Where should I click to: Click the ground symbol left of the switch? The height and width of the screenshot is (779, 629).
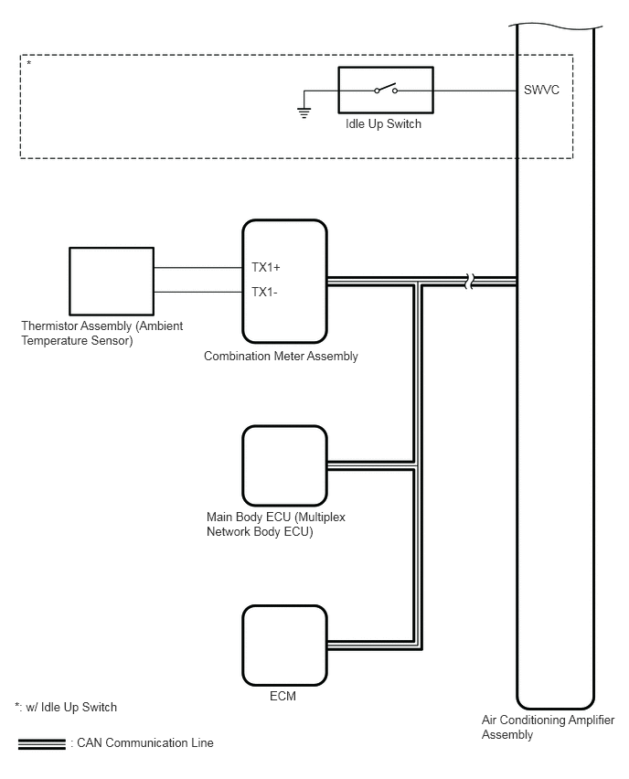pyautogui.click(x=304, y=112)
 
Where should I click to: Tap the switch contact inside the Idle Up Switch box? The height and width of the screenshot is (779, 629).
pyautogui.click(x=386, y=89)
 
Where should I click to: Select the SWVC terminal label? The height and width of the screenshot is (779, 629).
pyautogui.click(x=541, y=90)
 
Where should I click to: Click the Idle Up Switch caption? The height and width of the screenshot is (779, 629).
pyautogui.click(x=383, y=123)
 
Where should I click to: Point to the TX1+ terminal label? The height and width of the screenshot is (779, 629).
pyautogui.click(x=266, y=267)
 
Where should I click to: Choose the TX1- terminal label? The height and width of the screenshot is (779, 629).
pyautogui.click(x=264, y=292)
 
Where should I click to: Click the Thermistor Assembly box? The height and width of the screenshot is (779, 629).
pyautogui.click(x=112, y=282)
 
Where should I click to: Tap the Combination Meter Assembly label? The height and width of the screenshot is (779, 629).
pyautogui.click(x=281, y=357)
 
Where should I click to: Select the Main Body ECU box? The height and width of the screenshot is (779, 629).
pyautogui.click(x=284, y=465)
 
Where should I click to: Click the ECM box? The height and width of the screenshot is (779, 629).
pyautogui.click(x=284, y=646)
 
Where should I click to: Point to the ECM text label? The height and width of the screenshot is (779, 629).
pyautogui.click(x=283, y=696)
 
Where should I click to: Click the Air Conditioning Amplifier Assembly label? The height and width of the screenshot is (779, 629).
pyautogui.click(x=548, y=727)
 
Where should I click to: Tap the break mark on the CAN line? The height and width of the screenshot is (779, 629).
pyautogui.click(x=470, y=282)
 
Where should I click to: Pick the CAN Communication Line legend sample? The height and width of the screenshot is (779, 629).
pyautogui.click(x=42, y=743)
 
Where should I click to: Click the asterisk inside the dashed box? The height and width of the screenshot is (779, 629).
pyautogui.click(x=29, y=64)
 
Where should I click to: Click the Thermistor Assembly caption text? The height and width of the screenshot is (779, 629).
pyautogui.click(x=101, y=333)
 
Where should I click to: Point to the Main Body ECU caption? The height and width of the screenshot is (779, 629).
pyautogui.click(x=276, y=524)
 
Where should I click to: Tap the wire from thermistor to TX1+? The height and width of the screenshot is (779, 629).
pyautogui.click(x=198, y=268)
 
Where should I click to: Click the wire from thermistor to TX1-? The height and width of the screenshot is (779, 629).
pyautogui.click(x=198, y=293)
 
